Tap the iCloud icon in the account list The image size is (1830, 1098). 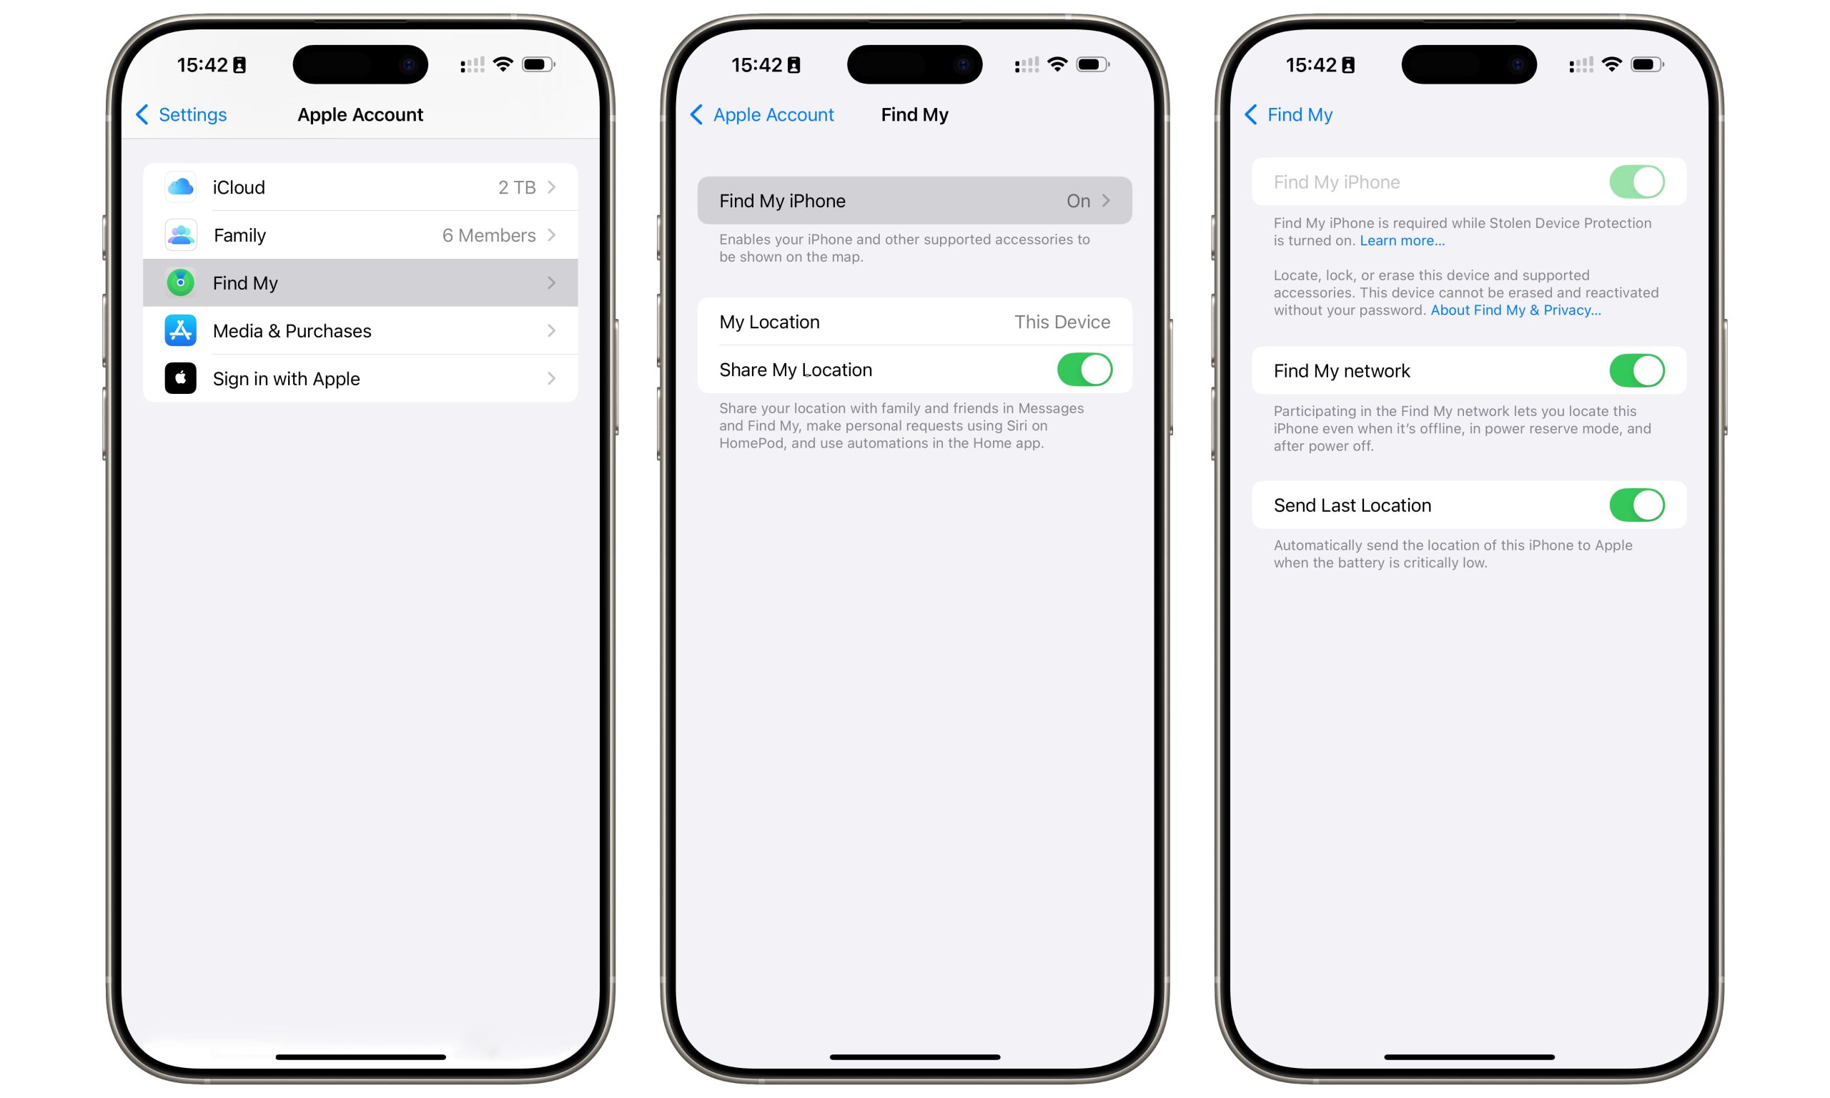point(180,187)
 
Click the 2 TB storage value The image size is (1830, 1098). point(516,187)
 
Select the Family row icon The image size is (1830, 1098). point(180,235)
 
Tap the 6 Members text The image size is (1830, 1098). point(488,235)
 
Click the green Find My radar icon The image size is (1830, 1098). point(180,282)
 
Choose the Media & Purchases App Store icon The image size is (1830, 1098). point(180,331)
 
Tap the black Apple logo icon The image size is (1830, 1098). point(180,378)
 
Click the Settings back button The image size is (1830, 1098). point(182,114)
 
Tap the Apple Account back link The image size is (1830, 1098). point(763,114)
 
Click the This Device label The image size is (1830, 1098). point(1062,322)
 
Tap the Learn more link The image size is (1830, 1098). point(1402,240)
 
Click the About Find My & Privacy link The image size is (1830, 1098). point(1515,310)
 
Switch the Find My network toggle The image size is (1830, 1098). point(1636,371)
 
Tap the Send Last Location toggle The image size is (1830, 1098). point(1636,505)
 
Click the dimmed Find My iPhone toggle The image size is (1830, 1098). point(1636,182)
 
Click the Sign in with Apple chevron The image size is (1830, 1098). point(551,379)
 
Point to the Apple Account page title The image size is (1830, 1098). point(360,114)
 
